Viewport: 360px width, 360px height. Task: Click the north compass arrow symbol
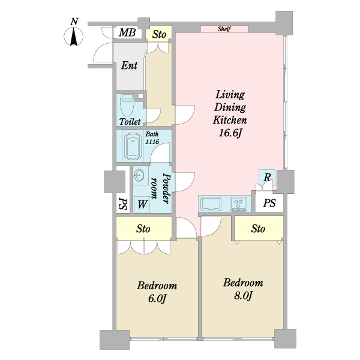coord(73,37)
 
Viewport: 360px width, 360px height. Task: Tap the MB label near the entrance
coord(127,32)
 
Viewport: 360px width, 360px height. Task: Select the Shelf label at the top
coord(224,29)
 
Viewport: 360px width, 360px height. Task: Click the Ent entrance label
coord(129,65)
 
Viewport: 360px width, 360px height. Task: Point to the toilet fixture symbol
coord(127,105)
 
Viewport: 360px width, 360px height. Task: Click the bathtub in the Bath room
coord(133,147)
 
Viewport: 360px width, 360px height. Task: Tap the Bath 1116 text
coord(152,138)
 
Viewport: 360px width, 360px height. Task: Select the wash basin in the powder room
coord(139,176)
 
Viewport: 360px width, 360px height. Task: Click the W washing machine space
coord(142,204)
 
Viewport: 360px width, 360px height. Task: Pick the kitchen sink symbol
coord(211,204)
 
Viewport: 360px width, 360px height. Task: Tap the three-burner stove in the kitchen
coord(238,204)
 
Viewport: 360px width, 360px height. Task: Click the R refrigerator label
coord(267,177)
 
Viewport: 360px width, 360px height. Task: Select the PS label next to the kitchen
coord(269,203)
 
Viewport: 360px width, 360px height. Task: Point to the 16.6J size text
coord(230,133)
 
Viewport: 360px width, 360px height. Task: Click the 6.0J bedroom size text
coord(157,298)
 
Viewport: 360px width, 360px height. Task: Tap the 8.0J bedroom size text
coord(244,295)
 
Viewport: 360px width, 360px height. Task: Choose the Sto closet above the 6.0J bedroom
coord(143,229)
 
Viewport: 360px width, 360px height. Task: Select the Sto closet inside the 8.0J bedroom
coord(259,229)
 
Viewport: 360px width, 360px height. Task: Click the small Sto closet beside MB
coord(159,34)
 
